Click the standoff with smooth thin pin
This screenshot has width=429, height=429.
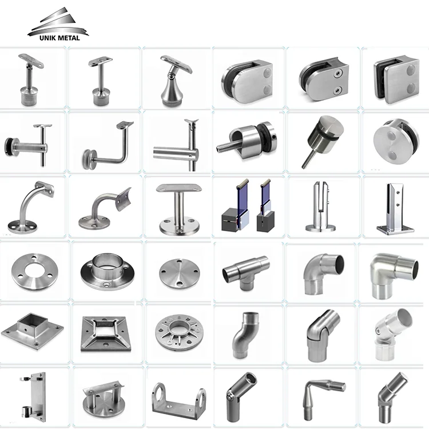(x=320, y=140)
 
